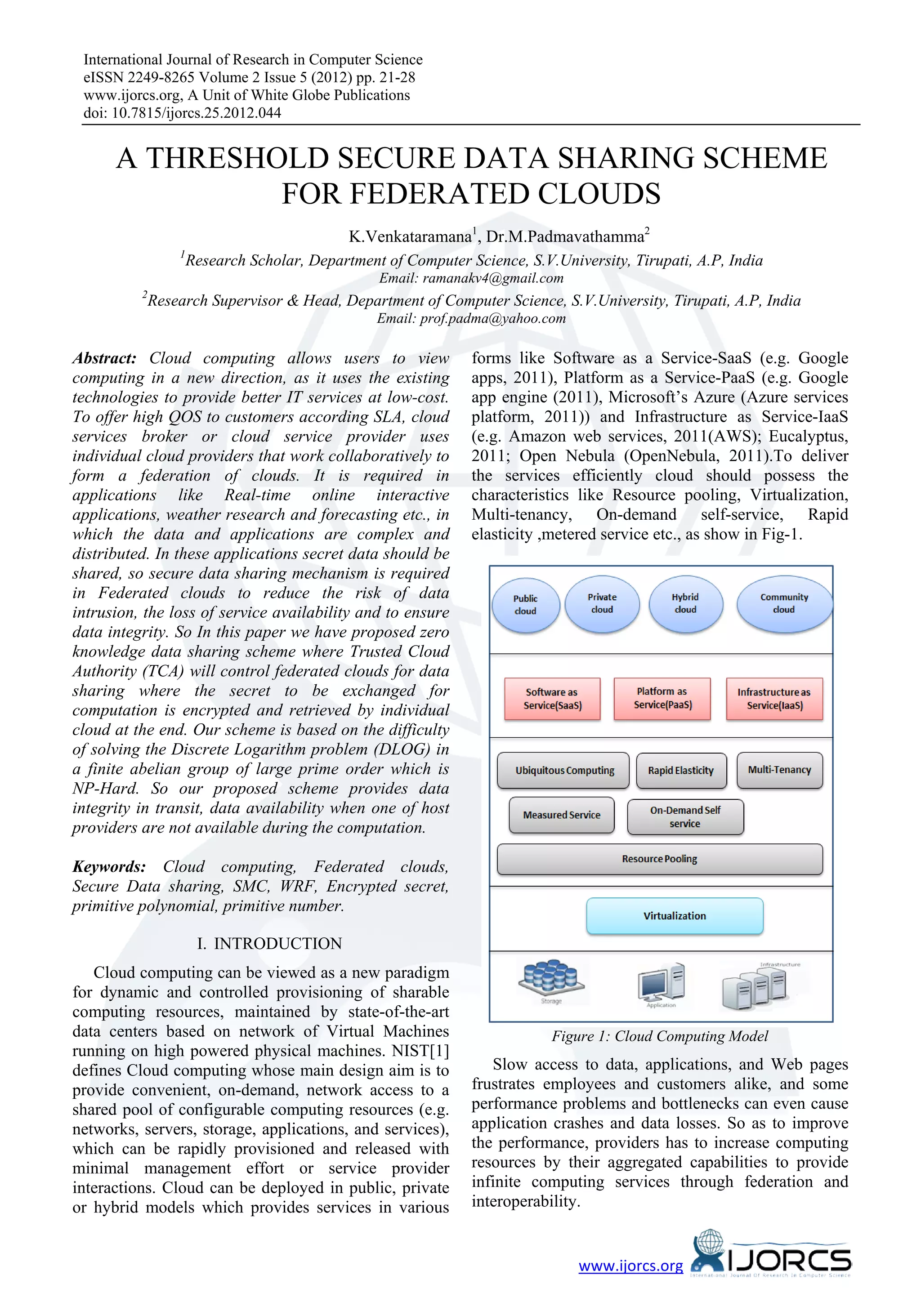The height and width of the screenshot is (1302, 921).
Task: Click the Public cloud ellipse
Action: pyautogui.click(x=525, y=605)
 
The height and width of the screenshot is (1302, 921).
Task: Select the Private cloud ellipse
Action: pyautogui.click(x=602, y=603)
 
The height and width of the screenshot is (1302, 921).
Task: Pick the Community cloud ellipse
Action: pyautogui.click(x=784, y=603)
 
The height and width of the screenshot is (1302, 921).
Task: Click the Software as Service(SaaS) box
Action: pyautogui.click(x=552, y=699)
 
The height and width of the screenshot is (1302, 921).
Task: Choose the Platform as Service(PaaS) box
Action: pyautogui.click(x=662, y=698)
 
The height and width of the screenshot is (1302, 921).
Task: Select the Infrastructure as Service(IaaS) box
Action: pyautogui.click(x=774, y=699)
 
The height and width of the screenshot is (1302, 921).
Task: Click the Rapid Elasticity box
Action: pyautogui.click(x=681, y=770)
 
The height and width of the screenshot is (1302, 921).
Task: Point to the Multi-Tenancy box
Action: pyautogui.click(x=779, y=770)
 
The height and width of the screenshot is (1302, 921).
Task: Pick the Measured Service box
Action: pyautogui.click(x=561, y=815)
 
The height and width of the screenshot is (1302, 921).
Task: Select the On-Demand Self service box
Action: pyautogui.click(x=685, y=816)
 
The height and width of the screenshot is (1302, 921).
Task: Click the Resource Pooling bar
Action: pyautogui.click(x=660, y=859)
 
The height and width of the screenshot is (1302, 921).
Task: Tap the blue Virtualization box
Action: pyautogui.click(x=674, y=916)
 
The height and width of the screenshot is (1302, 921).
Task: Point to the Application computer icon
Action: pyautogui.click(x=661, y=982)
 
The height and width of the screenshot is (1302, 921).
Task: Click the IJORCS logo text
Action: pyautogui.click(x=788, y=1260)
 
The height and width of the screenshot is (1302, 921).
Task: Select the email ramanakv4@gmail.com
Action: pyautogui.click(x=493, y=278)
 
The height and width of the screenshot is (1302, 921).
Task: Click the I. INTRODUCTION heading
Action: pyautogui.click(x=269, y=944)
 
